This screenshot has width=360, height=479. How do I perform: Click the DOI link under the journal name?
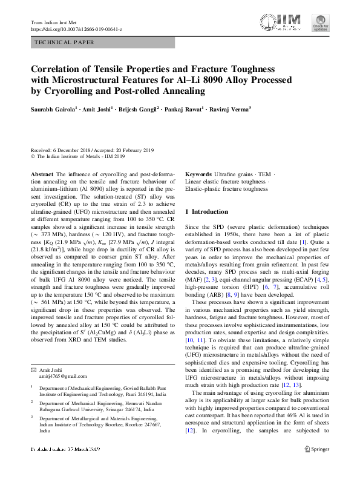pos(76,29)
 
